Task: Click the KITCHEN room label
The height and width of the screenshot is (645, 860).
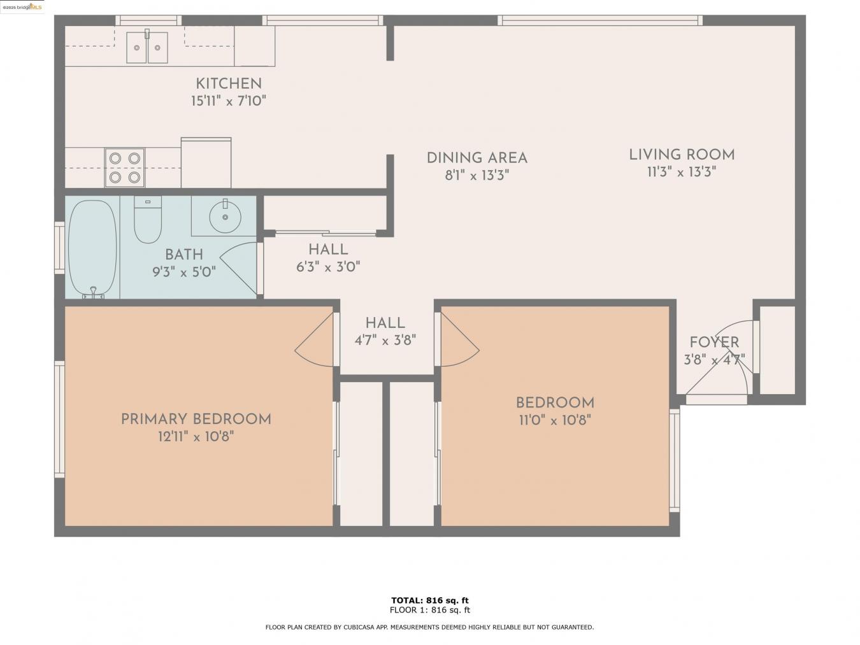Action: click(228, 83)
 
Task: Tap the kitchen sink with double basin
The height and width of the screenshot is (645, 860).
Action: click(147, 47)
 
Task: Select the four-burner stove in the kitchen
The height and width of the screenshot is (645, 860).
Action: click(124, 167)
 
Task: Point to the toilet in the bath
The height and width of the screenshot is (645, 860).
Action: click(147, 220)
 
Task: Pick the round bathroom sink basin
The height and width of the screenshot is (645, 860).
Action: click(226, 217)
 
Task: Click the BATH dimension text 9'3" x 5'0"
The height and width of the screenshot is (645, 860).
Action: click(184, 273)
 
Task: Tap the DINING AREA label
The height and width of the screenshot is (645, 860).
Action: click(477, 158)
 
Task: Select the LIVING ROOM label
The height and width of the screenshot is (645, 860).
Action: click(682, 155)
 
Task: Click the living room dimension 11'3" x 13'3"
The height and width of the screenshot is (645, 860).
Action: click(682, 172)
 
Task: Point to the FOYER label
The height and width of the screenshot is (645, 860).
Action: click(714, 343)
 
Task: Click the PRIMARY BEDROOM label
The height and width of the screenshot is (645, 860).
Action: click(196, 419)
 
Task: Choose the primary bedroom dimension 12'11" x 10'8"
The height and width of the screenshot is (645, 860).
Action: click(196, 437)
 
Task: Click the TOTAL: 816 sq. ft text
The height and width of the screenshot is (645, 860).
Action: click(429, 600)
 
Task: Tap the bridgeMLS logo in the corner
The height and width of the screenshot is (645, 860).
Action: click(22, 7)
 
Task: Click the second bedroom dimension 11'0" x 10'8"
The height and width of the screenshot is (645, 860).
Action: click(554, 420)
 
